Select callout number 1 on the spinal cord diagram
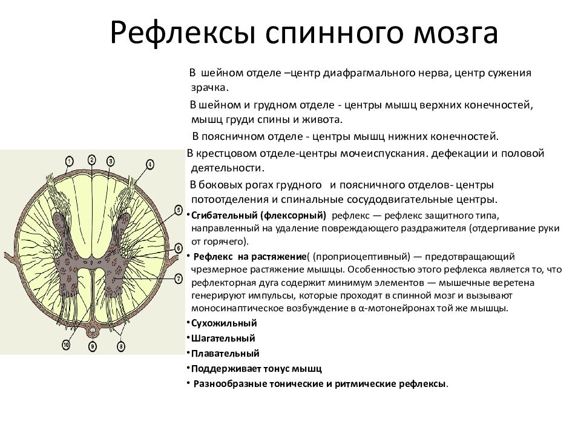point(70,160)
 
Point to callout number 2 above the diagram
point(91,159)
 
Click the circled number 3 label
point(111,161)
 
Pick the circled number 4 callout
point(149,163)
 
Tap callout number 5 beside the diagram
point(179,210)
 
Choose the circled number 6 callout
point(179,248)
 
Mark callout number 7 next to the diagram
point(179,278)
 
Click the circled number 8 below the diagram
point(121,346)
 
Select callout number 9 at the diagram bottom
point(92,346)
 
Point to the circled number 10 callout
point(67,345)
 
